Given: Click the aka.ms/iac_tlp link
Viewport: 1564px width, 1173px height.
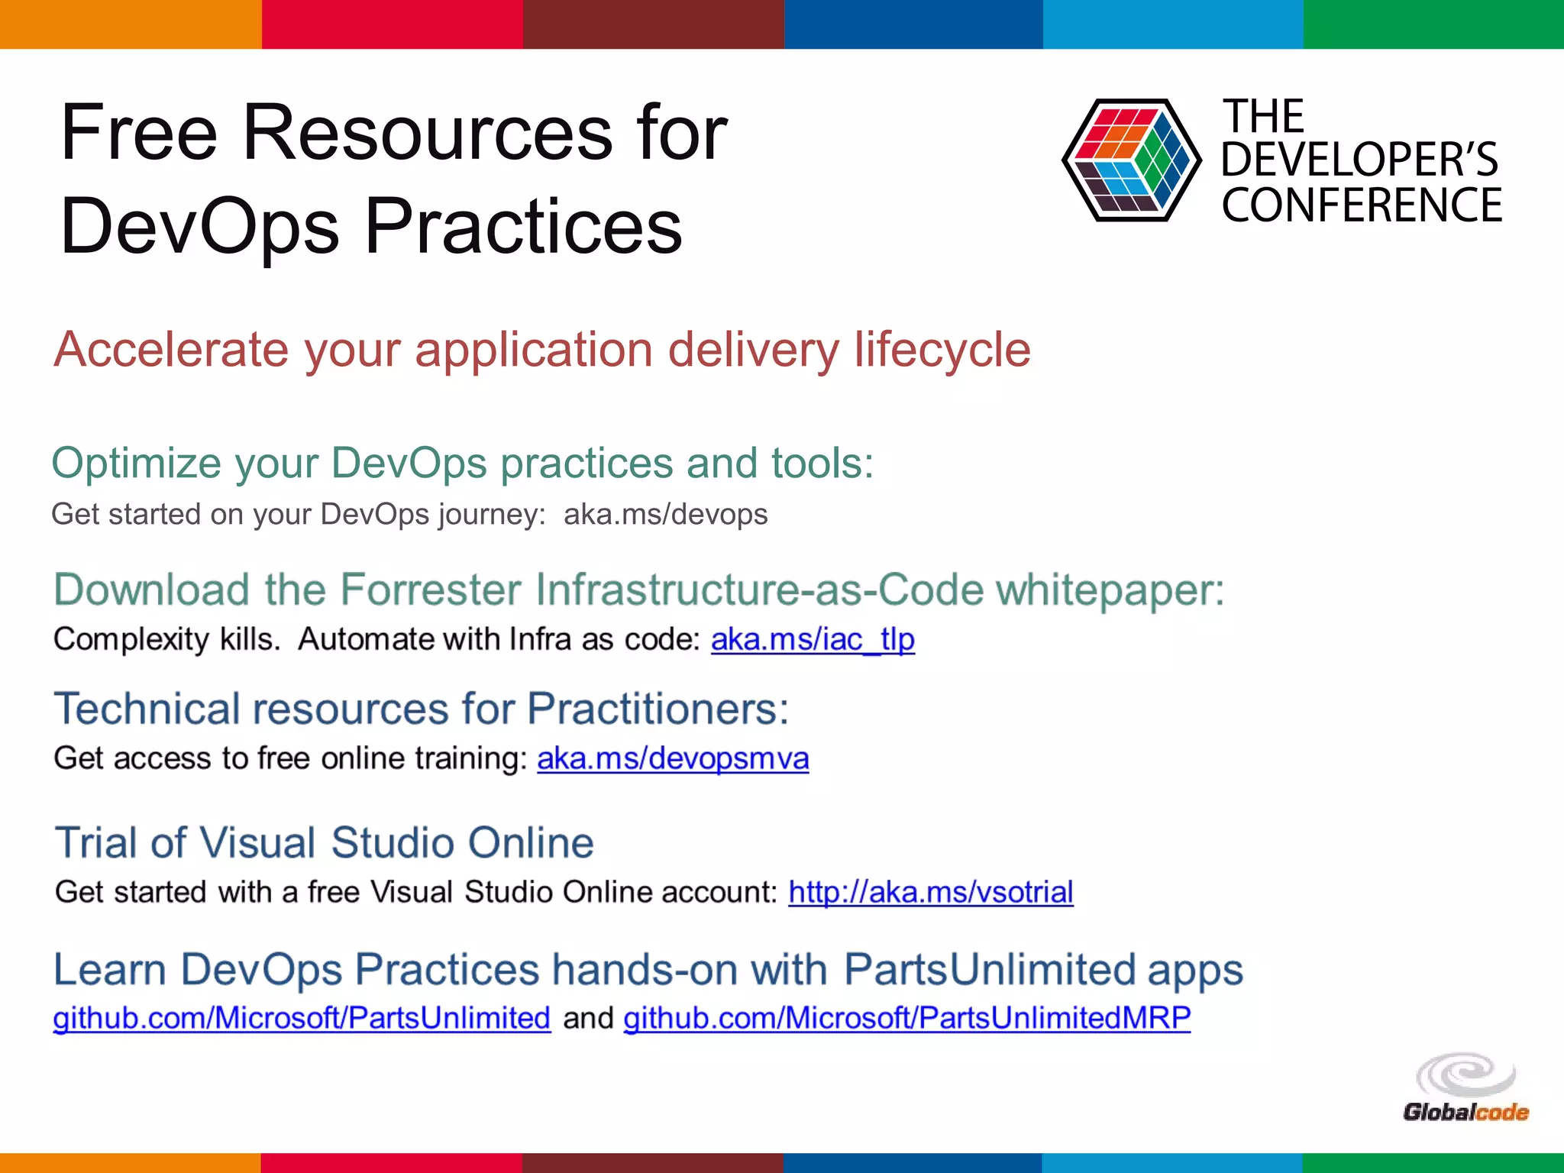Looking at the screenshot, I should (x=812, y=640).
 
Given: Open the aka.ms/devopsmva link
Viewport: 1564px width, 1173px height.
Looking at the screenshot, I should (x=672, y=759).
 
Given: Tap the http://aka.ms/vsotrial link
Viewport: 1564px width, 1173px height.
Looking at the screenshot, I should (x=930, y=892).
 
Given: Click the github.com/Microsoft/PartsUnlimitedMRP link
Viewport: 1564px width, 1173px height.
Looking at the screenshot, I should (x=906, y=1018).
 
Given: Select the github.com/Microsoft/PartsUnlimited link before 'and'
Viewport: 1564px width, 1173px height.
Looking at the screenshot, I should (x=302, y=1018).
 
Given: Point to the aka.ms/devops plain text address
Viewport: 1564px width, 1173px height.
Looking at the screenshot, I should (x=665, y=515).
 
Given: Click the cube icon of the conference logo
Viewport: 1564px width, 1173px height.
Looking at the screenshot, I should (x=1131, y=160).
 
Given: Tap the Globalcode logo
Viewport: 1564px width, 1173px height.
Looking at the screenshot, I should (x=1465, y=1087).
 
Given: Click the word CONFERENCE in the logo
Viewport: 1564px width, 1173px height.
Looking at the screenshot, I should (x=1361, y=205).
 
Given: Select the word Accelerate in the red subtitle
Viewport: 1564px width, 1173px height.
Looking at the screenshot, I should (x=170, y=350).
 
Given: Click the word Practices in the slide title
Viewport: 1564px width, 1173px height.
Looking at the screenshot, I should (x=523, y=226).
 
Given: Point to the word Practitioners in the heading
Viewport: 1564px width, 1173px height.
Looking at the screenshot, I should (x=657, y=709).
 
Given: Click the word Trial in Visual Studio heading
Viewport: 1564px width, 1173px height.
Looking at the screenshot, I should (x=96, y=843).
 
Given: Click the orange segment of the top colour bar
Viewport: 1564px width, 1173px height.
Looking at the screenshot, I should (x=130, y=24).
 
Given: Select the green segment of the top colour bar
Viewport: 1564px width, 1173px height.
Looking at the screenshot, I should (x=1433, y=24).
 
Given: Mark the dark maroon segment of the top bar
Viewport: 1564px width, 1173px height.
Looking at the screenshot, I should (x=653, y=24).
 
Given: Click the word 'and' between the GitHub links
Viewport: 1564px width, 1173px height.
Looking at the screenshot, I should (x=587, y=1018).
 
